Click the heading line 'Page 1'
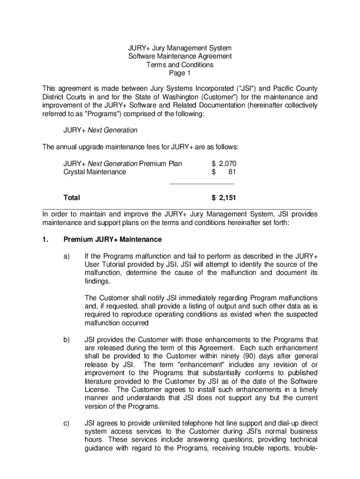tap(180, 73)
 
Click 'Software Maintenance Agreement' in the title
tap(180, 57)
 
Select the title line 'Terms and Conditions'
tap(180, 65)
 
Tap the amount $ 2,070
tap(224, 164)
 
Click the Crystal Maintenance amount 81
tap(231, 172)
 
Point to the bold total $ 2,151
tap(224, 198)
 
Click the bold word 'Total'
tap(72, 198)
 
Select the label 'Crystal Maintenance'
tap(94, 172)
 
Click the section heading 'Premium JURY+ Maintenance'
tap(113, 239)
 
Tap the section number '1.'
tap(45, 239)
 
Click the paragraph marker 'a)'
tap(66, 256)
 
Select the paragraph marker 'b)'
tap(66, 340)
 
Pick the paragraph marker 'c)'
tap(66, 423)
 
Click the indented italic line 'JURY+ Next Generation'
tap(101, 130)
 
